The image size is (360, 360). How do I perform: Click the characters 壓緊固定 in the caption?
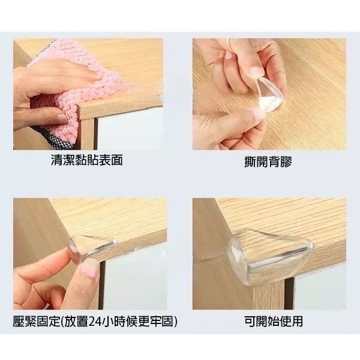click(x=34, y=322)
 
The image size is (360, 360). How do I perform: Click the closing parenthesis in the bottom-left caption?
click(x=175, y=322)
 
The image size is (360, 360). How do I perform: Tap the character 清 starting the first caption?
click(x=57, y=161)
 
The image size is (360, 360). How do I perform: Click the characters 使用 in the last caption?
click(x=291, y=322)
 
